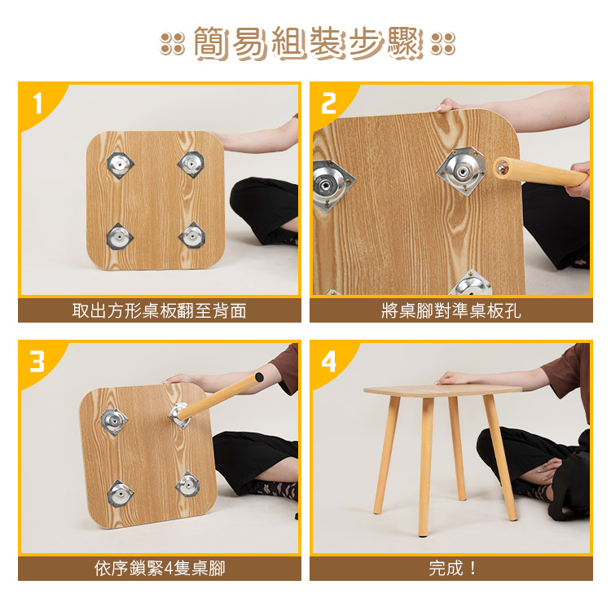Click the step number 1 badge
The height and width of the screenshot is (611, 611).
coord(37,103)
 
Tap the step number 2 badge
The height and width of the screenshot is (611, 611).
coord(328,103)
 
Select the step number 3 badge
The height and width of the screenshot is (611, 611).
coord(37,362)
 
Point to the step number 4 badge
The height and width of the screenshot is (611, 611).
coord(328,362)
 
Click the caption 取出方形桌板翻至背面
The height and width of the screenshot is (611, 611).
coord(160,311)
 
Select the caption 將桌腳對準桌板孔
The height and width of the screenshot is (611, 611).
coord(451,311)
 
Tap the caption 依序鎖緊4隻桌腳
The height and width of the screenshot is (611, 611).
coord(160,569)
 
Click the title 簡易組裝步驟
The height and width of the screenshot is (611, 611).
coord(308,43)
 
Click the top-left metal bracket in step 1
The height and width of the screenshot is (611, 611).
coord(121,165)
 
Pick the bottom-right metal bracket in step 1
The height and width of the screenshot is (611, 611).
coord(192,235)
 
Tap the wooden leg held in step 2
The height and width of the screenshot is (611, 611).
coord(540,172)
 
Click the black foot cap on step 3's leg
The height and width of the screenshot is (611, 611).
coord(259,377)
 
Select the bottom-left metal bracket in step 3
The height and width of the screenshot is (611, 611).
coord(120,494)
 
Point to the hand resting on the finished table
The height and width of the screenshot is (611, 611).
coord(454,377)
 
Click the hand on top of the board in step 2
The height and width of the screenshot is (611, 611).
coord(449,105)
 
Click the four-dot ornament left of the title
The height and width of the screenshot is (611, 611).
coord(172,43)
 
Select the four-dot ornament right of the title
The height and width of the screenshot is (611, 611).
coord(442,43)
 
